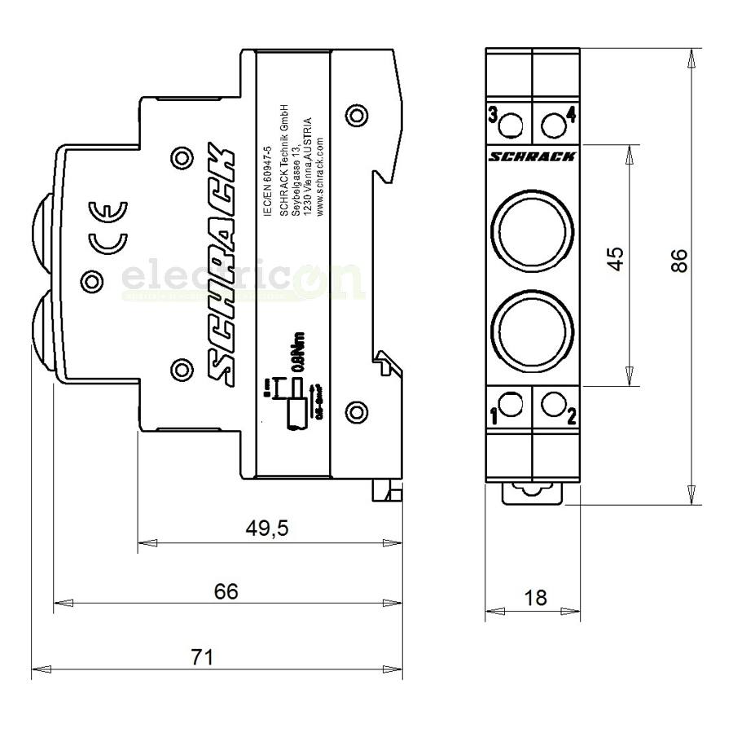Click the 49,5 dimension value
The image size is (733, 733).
267,529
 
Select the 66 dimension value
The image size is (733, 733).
227,591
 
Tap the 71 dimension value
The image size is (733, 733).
201,656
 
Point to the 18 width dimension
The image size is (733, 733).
535,598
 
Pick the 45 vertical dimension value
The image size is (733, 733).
617,258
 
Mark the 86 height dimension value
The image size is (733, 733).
679,260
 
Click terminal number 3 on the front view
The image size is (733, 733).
493,115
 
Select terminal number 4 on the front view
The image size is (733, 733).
571,115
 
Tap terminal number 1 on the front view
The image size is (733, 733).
494,418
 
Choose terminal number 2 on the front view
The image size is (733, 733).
571,418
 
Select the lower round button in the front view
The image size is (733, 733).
532,328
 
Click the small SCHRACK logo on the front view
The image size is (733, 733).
533,156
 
